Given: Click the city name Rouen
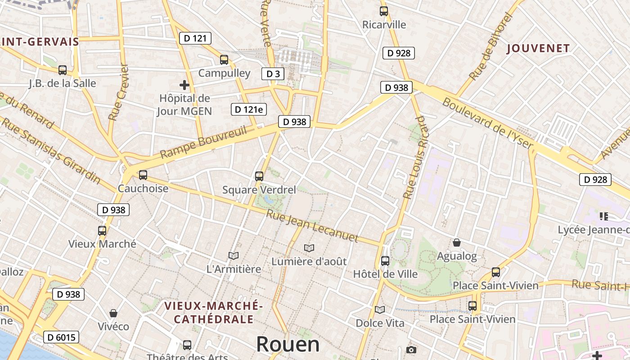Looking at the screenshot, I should pyautogui.click(x=288, y=345).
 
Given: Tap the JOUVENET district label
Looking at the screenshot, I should pyautogui.click(x=538, y=49).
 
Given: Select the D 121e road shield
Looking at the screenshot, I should pyautogui.click(x=248, y=109).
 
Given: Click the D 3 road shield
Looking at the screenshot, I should pyautogui.click(x=273, y=74).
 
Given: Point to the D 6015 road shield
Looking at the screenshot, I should pyautogui.click(x=61, y=337).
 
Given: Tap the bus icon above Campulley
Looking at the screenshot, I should pyautogui.click(x=224, y=60).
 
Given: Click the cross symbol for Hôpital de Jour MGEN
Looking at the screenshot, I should pyautogui.click(x=184, y=85).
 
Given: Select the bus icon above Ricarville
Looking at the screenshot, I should pyautogui.click(x=383, y=11).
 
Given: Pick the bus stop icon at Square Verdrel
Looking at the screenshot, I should pyautogui.click(x=259, y=176).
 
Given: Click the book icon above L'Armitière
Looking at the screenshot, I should pyautogui.click(x=233, y=256).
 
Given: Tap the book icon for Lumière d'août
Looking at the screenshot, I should pyautogui.click(x=309, y=248).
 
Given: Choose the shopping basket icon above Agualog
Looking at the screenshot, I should pyautogui.click(x=457, y=243).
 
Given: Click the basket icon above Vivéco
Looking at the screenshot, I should pyautogui.click(x=113, y=313).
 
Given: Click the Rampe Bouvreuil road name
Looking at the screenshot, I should pyautogui.click(x=203, y=143).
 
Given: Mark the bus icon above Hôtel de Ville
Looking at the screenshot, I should pyautogui.click(x=385, y=261).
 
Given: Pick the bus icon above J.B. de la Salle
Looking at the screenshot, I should pyautogui.click(x=63, y=70).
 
